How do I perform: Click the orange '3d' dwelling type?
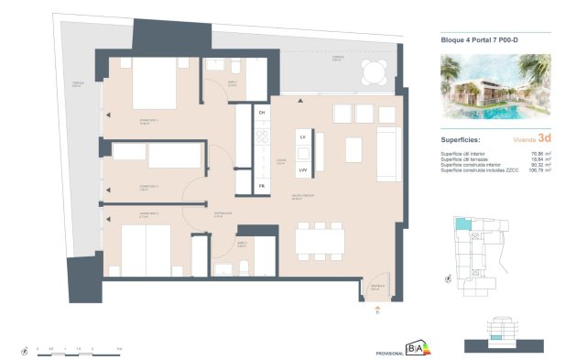pyautogui.click(x=545, y=139)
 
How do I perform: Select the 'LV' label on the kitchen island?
pyautogui.click(x=301, y=136)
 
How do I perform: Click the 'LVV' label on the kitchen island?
pyautogui.click(x=301, y=169)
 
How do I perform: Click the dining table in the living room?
pyautogui.click(x=320, y=239)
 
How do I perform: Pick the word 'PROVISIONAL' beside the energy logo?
pyautogui.click(x=390, y=353)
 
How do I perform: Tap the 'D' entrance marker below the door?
pyautogui.click(x=377, y=311)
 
